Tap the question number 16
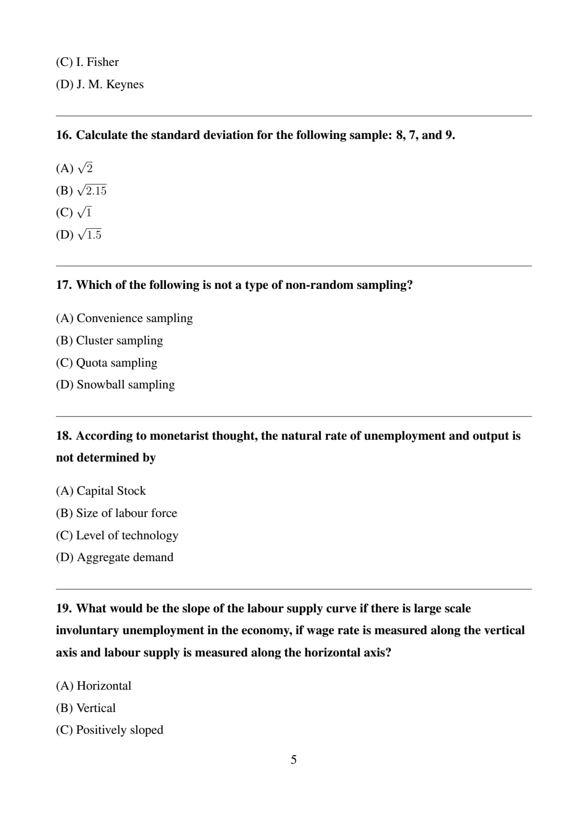click(64, 135)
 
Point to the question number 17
click(64, 285)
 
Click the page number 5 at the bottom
click(294, 760)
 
